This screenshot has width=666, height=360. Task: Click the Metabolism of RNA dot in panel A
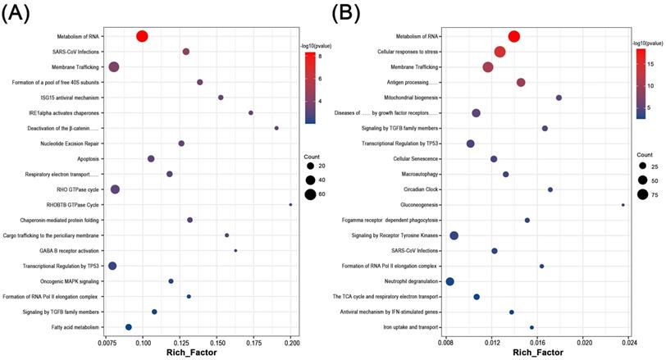(142, 36)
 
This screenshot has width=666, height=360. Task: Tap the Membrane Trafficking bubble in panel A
(114, 66)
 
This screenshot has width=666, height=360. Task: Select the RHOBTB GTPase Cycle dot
(290, 204)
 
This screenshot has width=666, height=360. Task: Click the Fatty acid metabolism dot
(129, 326)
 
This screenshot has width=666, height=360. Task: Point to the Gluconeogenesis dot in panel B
(623, 205)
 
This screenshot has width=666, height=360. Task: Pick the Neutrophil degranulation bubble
(449, 281)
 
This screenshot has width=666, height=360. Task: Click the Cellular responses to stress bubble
(500, 52)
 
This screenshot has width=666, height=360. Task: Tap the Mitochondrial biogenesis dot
(559, 98)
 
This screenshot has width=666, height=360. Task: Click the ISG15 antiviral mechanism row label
(70, 98)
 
